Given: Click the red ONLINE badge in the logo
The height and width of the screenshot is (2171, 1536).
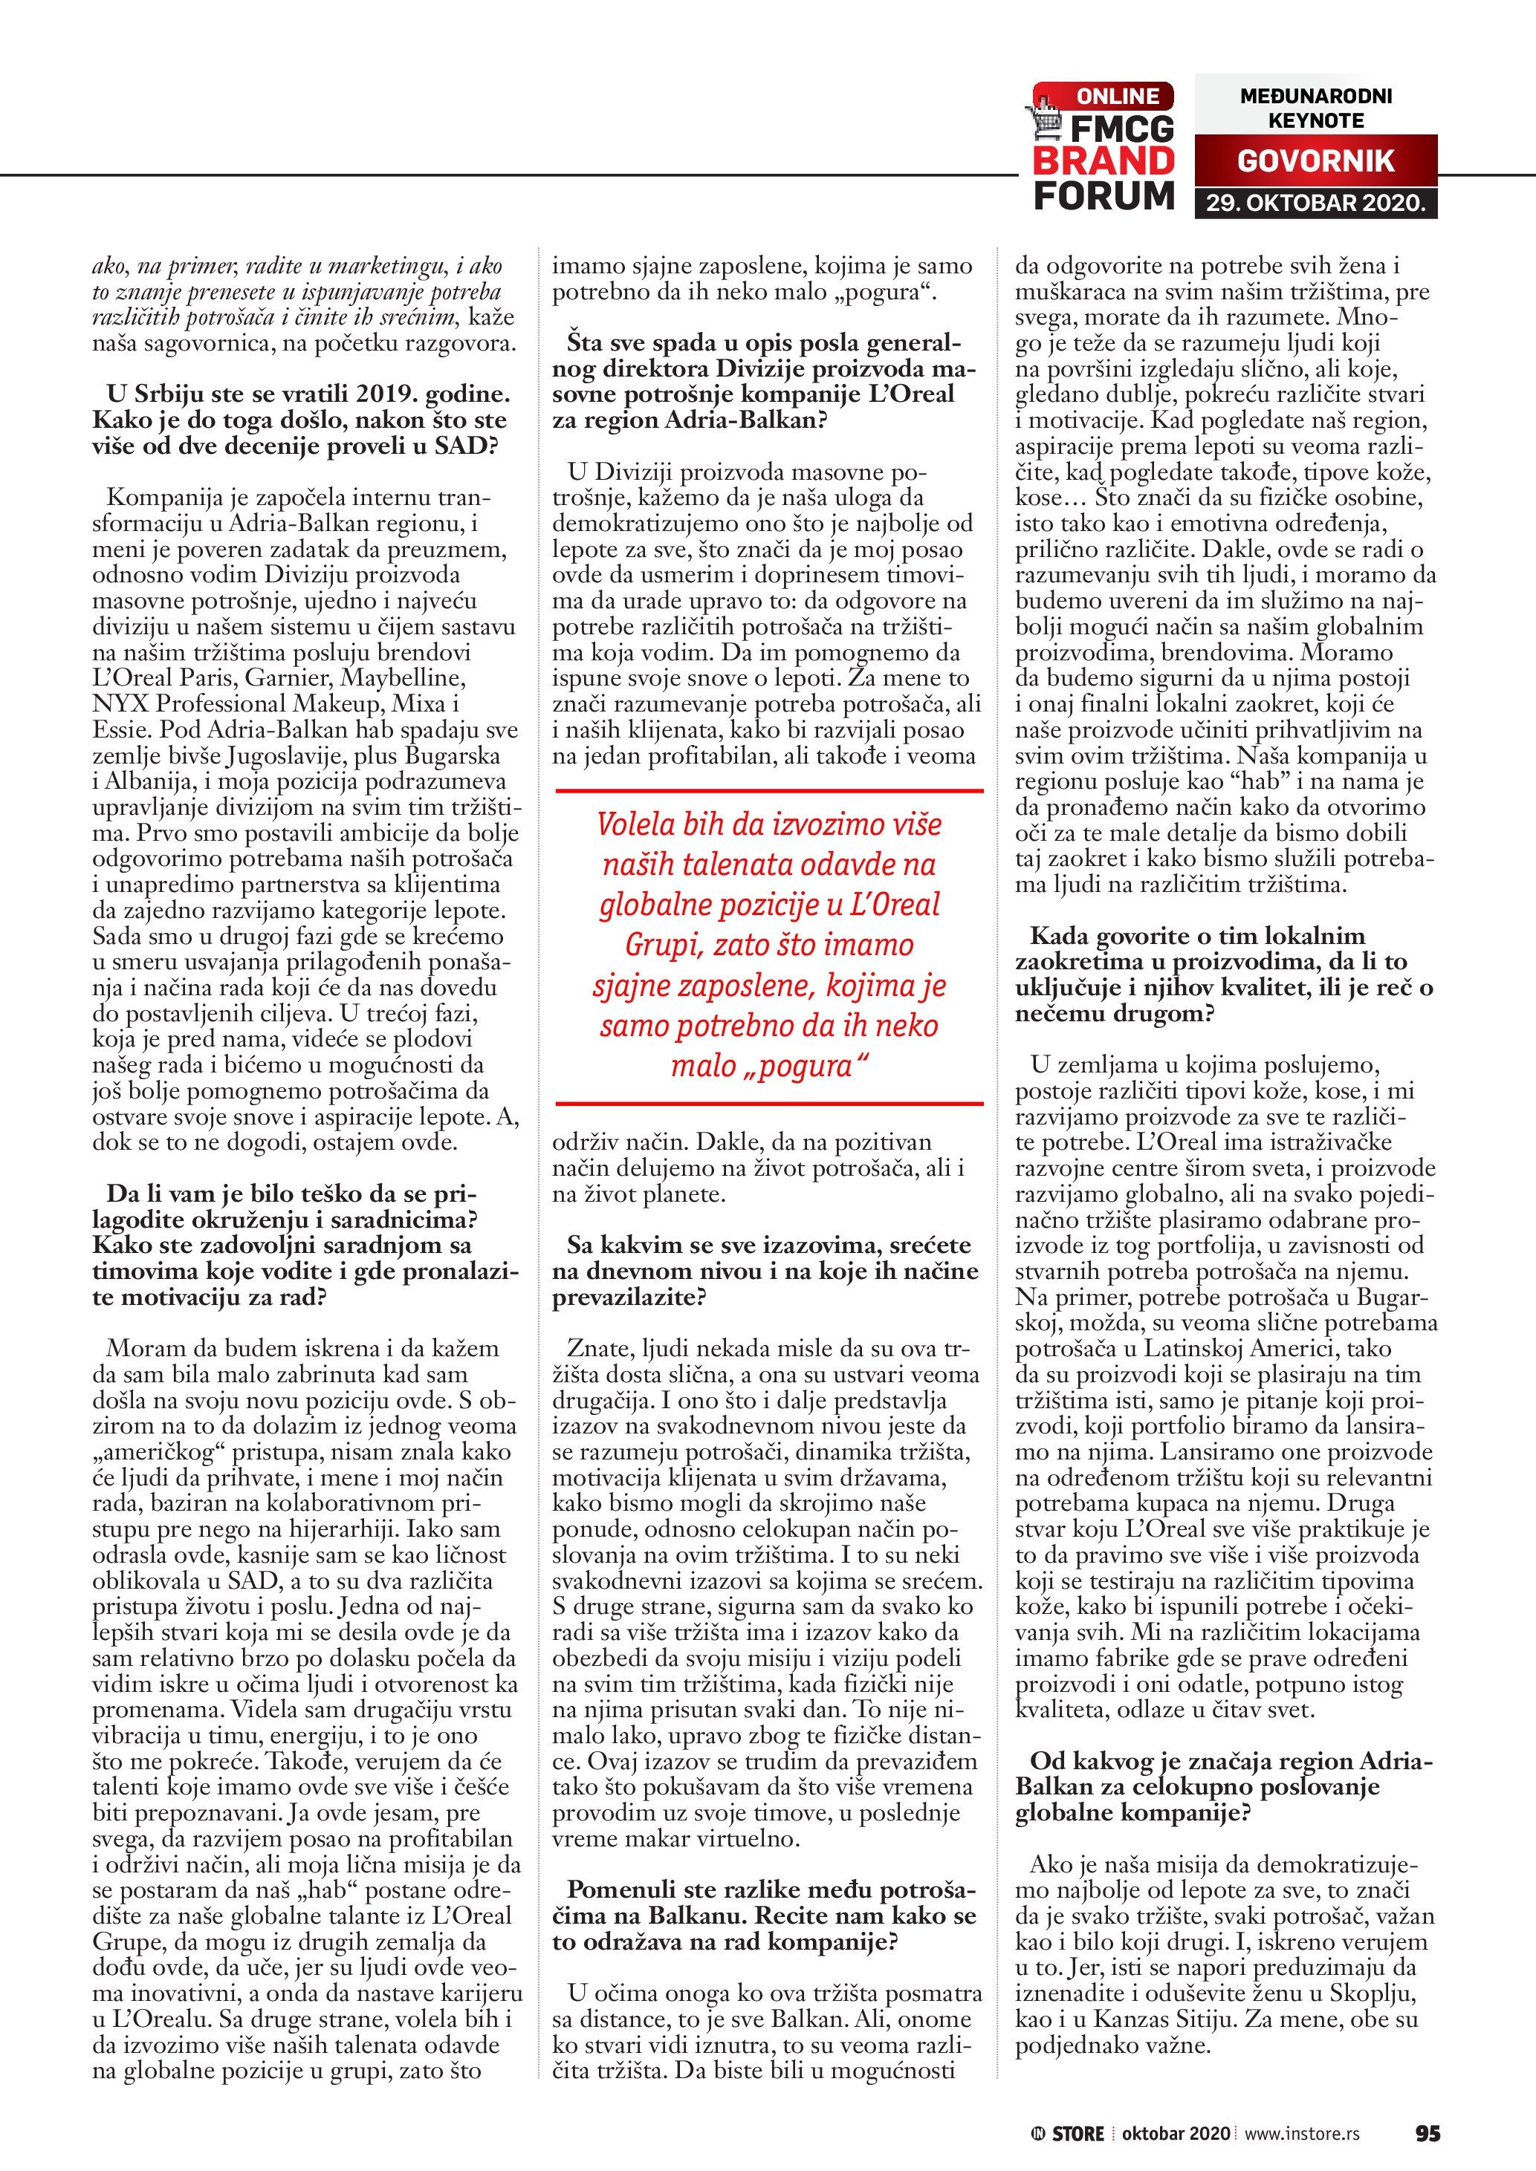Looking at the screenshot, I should point(1116,97).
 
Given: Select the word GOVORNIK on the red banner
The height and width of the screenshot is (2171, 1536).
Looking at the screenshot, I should point(1315,160).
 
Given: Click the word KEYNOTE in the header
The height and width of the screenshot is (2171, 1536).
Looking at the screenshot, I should point(1315,121).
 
